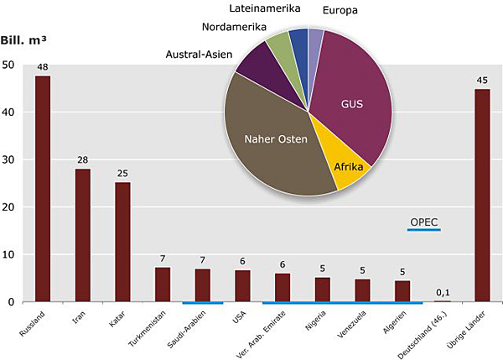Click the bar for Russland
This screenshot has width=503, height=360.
coord(43,189)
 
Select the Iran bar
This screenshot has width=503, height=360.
coord(83,235)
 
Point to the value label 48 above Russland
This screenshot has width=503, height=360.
coord(43,65)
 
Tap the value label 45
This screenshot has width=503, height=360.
coord(482,81)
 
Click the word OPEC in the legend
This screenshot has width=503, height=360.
coord(423,222)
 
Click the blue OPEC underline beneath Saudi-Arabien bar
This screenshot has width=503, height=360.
coord(202,302)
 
